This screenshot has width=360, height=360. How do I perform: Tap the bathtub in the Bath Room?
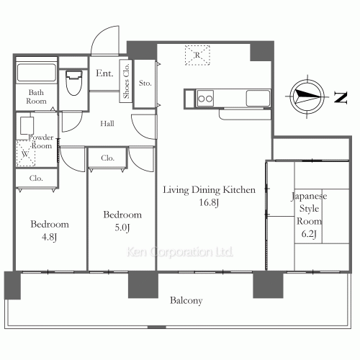pyautogui.click(x=37, y=72)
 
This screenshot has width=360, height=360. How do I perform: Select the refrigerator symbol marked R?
pyautogui.click(x=197, y=55)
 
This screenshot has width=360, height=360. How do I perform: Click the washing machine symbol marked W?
pyautogui.click(x=25, y=153)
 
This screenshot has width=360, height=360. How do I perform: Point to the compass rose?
pyautogui.click(x=307, y=96)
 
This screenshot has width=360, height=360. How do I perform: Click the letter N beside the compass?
pyautogui.click(x=341, y=98)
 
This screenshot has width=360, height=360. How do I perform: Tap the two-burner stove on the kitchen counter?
pyautogui.click(x=205, y=99)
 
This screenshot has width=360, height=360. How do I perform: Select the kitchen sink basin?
pyautogui.click(x=258, y=98)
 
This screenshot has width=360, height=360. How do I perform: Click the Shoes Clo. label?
pyautogui.click(x=126, y=81)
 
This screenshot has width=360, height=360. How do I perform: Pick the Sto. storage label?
pyautogui.click(x=145, y=83)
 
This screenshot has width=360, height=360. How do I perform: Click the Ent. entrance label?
pyautogui.click(x=104, y=73)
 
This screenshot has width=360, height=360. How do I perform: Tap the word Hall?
pyautogui.click(x=107, y=124)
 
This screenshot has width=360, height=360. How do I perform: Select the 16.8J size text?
pyautogui.click(x=209, y=202)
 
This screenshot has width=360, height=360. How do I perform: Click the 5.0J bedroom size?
pyautogui.click(x=122, y=228)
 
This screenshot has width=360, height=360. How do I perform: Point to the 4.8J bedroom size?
pyautogui.click(x=49, y=237)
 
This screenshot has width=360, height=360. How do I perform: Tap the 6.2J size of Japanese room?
pyautogui.click(x=309, y=233)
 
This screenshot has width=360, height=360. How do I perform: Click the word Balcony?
pyautogui.click(x=186, y=300)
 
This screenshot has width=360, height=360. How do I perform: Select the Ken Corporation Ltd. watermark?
pyautogui.click(x=180, y=252)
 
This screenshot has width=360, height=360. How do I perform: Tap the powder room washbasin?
pyautogui.click(x=27, y=125)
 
